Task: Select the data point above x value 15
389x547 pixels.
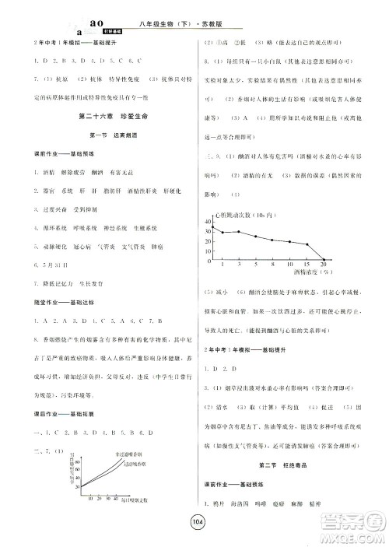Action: point(307,245)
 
